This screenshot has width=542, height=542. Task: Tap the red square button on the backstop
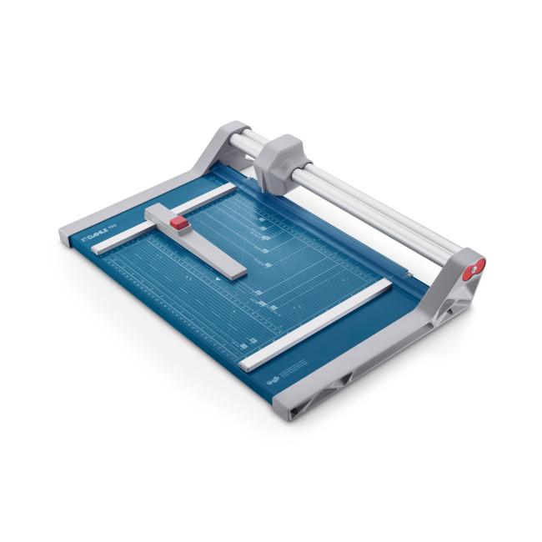tap(180, 223)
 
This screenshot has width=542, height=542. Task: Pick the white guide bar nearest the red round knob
tap(317, 324)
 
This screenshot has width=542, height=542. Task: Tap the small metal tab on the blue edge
tap(409, 273)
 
